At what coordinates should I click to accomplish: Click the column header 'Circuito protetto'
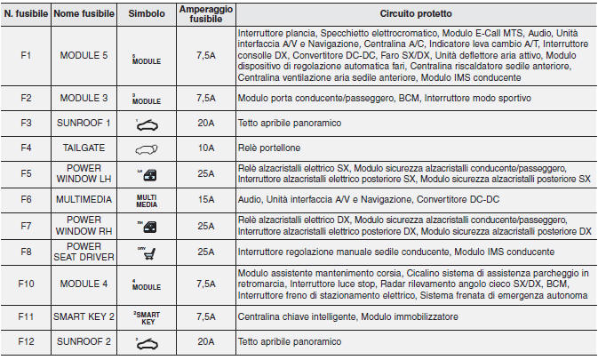coord(415,14)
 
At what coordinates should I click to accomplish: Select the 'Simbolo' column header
coord(146,14)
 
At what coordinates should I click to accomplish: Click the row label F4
coord(26,148)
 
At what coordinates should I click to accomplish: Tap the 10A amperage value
coord(205,148)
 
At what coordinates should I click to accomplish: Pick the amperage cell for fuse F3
coord(205,124)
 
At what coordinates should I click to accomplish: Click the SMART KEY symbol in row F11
coord(146,316)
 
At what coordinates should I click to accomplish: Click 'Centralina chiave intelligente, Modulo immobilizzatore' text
coord(347,316)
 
